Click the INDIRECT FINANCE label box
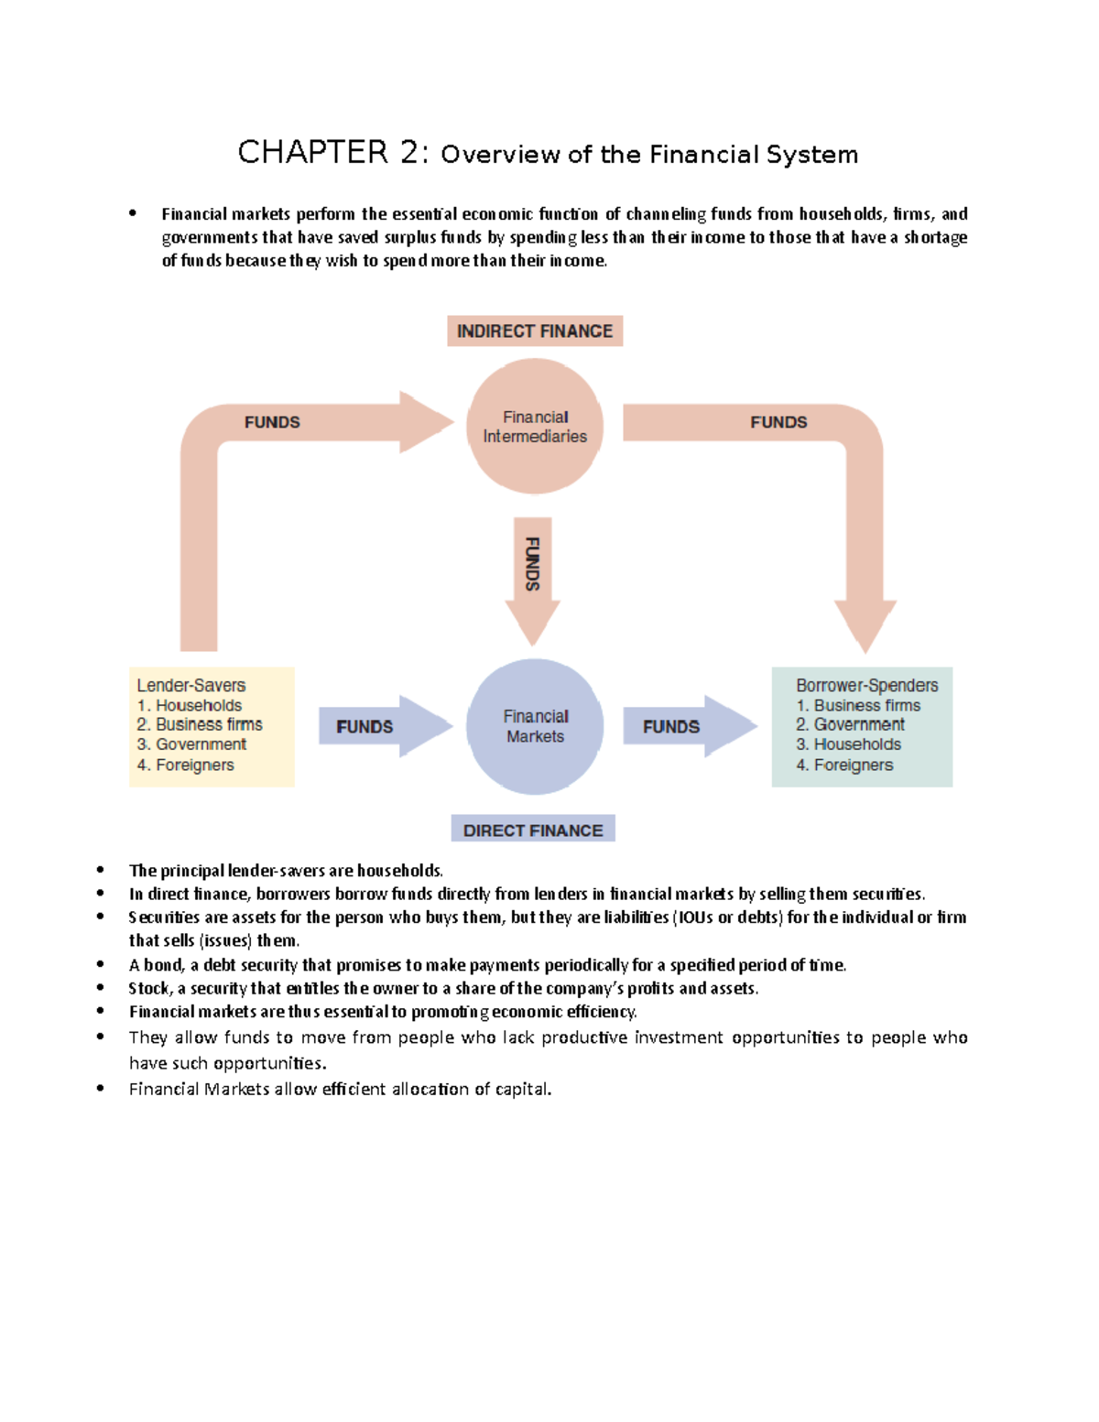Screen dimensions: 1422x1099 tap(535, 331)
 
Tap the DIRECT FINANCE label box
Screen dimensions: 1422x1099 tap(533, 830)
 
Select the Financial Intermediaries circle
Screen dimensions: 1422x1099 tap(535, 427)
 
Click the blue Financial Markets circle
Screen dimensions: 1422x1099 tap(535, 726)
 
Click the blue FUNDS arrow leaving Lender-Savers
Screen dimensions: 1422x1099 tap(383, 726)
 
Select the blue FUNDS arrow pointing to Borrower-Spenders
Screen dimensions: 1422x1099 tap(688, 726)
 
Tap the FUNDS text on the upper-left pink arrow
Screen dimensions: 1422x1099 tap(272, 422)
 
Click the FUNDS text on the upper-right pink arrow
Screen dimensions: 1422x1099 tap(778, 422)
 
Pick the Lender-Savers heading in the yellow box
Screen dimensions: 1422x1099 tap(191, 685)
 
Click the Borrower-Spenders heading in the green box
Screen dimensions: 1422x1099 tap(866, 685)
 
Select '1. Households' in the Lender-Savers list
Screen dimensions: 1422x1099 tap(190, 705)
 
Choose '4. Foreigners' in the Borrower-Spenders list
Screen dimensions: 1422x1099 tap(844, 765)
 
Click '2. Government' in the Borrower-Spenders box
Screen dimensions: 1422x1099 tap(850, 724)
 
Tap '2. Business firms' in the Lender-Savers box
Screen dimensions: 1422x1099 tap(200, 724)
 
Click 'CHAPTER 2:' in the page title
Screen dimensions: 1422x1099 tap(332, 152)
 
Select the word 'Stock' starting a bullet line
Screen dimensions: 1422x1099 tap(149, 988)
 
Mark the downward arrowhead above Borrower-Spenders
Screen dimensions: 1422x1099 tap(865, 624)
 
